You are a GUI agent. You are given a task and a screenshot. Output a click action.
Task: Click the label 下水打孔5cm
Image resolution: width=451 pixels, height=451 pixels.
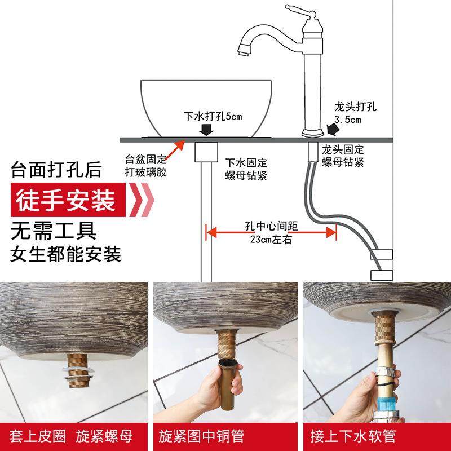(x=213, y=117)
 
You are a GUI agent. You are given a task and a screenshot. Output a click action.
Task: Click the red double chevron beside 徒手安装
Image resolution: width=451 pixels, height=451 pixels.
(x=140, y=201)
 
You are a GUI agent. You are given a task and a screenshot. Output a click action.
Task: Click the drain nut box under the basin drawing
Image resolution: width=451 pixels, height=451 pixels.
(x=205, y=152)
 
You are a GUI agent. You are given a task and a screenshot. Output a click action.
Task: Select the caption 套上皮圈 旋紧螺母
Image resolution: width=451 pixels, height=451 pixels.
(x=74, y=436)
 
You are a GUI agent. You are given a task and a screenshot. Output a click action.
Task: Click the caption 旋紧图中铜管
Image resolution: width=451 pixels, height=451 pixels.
(x=225, y=436)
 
